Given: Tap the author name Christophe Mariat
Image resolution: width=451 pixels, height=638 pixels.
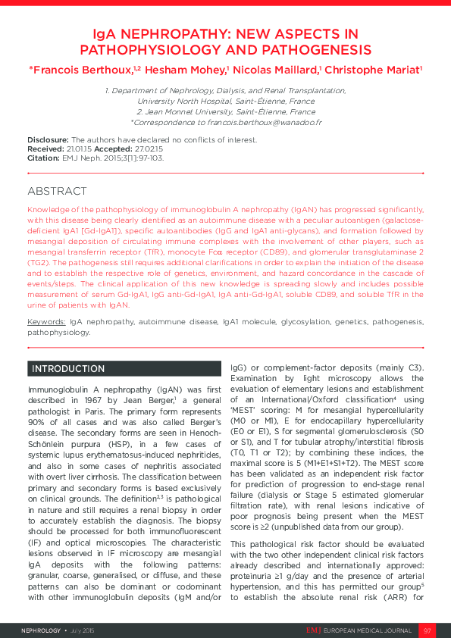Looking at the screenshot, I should pos(373,69).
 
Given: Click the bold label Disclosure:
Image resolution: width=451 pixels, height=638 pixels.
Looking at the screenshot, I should pos(49,140).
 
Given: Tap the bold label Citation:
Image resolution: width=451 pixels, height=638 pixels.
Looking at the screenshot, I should pos(43,158).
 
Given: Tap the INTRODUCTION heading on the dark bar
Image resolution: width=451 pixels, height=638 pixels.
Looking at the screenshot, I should pos(68,369).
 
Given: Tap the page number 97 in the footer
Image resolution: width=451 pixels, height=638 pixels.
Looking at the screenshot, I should pos(427,630).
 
